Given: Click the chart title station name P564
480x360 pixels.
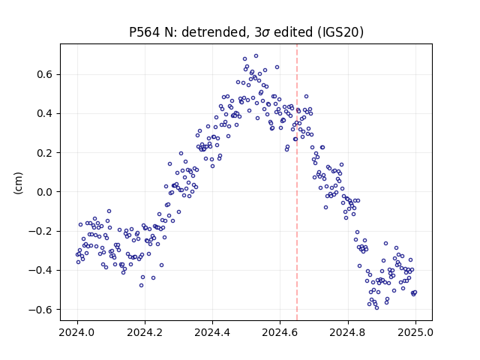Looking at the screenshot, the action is click(x=144, y=31).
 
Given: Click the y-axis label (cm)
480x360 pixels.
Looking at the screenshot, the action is click(x=18, y=183).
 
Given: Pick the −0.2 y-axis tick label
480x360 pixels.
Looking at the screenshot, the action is click(x=41, y=231).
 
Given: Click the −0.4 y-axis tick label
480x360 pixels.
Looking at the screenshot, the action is click(x=41, y=270).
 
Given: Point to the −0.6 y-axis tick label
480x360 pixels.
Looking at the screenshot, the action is click(x=41, y=310).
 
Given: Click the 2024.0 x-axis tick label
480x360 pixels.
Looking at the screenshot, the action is click(x=77, y=332).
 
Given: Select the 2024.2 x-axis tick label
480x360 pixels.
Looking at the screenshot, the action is click(x=145, y=332).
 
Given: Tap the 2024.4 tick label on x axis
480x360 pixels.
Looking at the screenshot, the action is click(x=212, y=332).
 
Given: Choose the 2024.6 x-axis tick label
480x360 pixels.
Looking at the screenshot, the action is click(x=280, y=332).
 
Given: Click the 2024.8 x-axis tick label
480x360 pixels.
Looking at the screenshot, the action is click(x=348, y=332).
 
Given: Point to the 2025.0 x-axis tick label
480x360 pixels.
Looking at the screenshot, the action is click(x=415, y=332).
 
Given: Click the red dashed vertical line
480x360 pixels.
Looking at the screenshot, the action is click(x=297, y=182).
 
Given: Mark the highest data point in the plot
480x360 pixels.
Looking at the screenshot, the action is click(x=256, y=55).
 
